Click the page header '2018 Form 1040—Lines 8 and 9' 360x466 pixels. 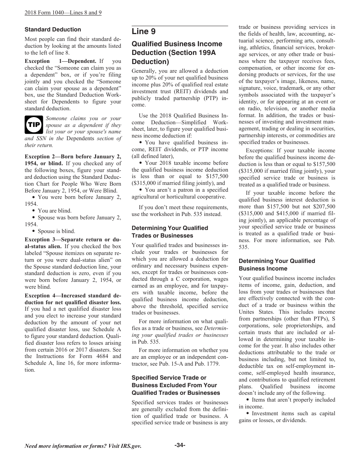pyautogui.click(x=63, y=13)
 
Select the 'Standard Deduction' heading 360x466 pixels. pyautogui.click(x=53, y=30)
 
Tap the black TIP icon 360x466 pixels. pyautogui.click(x=34, y=125)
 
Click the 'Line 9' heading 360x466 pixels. pyautogui.click(x=144, y=31)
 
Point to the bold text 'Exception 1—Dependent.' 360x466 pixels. pyautogui.click(x=60, y=61)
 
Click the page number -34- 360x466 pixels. pyautogui.click(x=180, y=445)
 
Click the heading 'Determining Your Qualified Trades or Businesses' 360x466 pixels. pyautogui.click(x=170, y=232)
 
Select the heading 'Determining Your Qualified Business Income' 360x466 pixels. pyautogui.click(x=277, y=265)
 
